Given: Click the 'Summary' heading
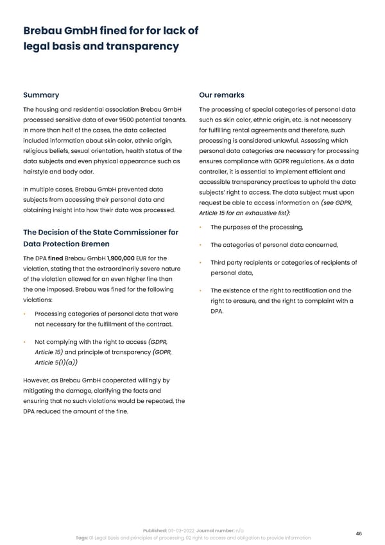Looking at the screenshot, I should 41,95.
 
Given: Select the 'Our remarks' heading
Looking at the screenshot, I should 222,95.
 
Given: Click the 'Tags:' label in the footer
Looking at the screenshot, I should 81,537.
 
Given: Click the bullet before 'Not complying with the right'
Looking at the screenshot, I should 24,343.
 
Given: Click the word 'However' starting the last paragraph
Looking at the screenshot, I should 38,380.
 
